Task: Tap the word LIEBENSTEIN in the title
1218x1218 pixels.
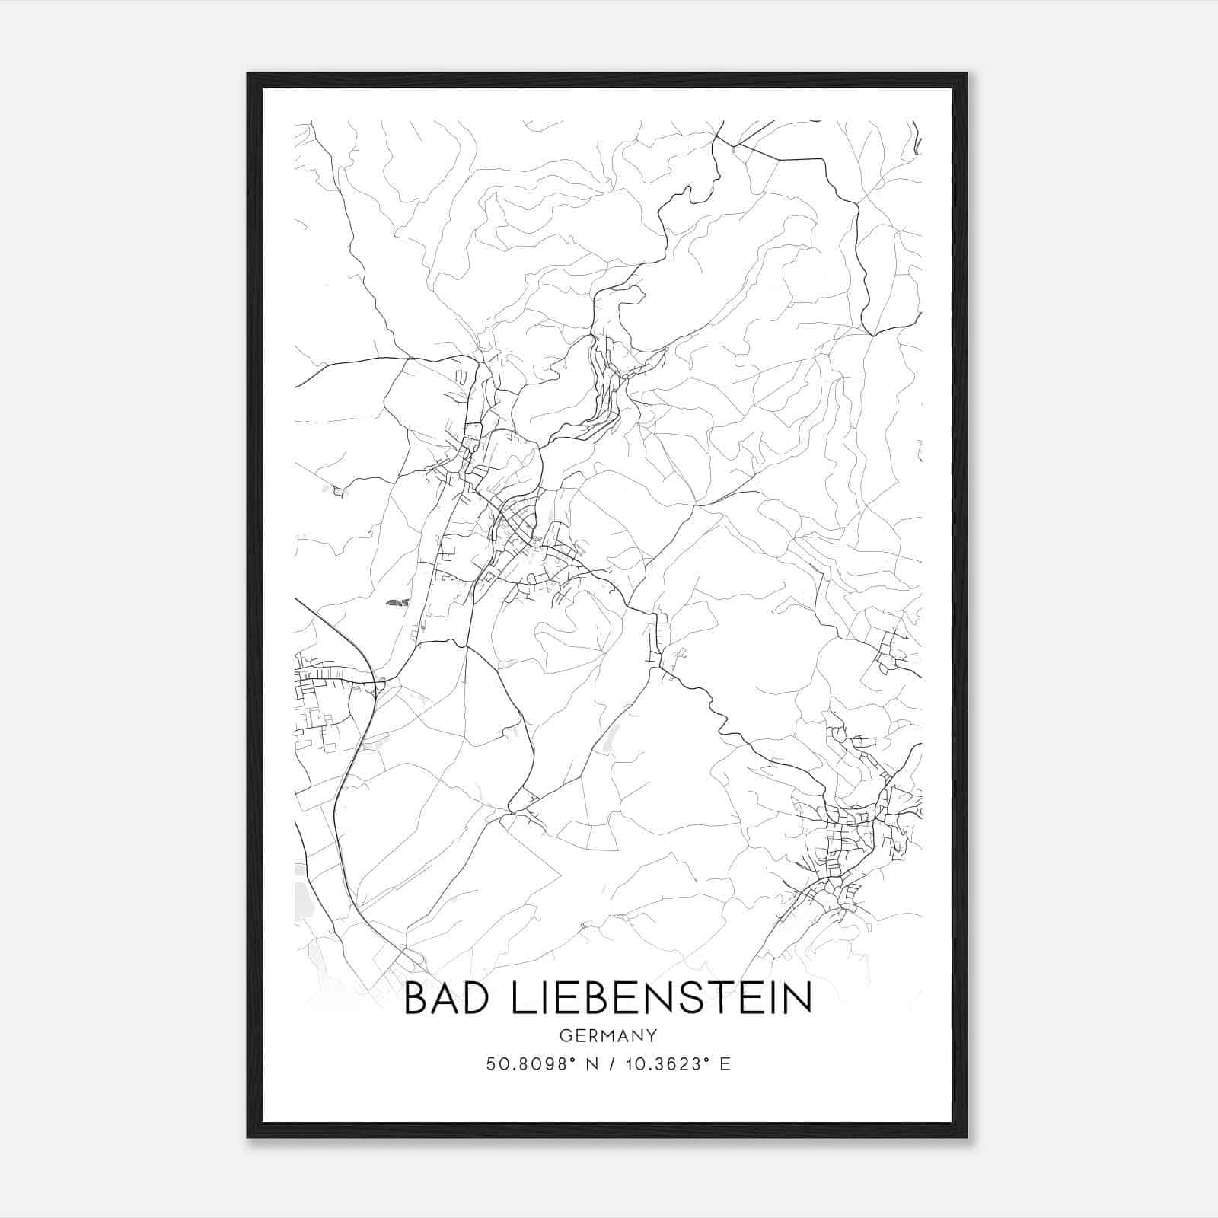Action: [x=661, y=998]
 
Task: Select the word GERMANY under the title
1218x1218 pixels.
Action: [x=607, y=1036]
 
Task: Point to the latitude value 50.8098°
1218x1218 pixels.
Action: [x=528, y=1064]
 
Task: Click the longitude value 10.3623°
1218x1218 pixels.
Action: [x=667, y=1064]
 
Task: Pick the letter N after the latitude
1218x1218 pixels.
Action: [x=585, y=1064]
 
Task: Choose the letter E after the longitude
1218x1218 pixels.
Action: [x=725, y=1064]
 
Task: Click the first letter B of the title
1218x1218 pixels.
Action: [x=416, y=998]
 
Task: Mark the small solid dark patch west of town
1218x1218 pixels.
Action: [x=393, y=602]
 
